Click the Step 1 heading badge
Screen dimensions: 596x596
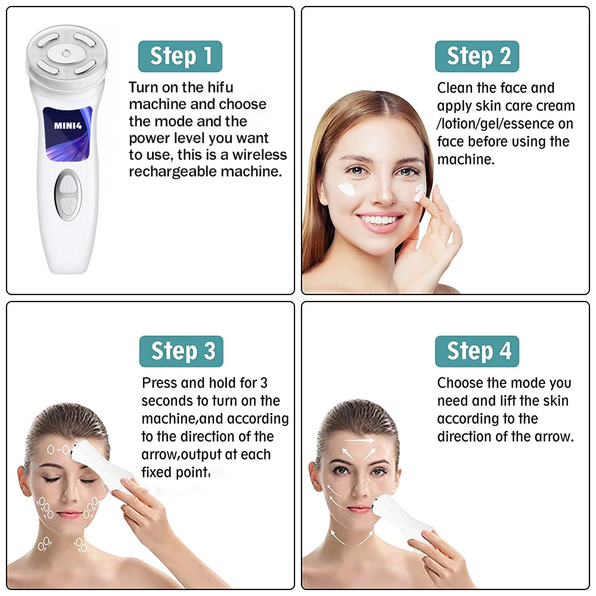(180, 56)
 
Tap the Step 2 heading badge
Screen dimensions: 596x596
(477, 56)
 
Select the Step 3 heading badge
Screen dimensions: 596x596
(181, 351)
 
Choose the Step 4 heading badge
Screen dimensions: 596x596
(477, 351)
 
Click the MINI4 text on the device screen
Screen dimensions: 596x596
(68, 126)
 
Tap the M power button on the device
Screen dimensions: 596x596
(69, 208)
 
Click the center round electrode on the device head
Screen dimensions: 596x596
(66, 53)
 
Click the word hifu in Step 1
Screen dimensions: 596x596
(220, 88)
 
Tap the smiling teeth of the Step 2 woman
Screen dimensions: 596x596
(380, 220)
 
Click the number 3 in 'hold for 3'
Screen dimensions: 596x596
(264, 383)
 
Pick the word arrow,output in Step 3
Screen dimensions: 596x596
(206, 455)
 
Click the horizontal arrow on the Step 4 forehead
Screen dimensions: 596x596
(359, 440)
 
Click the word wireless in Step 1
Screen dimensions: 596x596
(260, 155)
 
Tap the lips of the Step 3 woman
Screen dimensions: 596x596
(69, 514)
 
